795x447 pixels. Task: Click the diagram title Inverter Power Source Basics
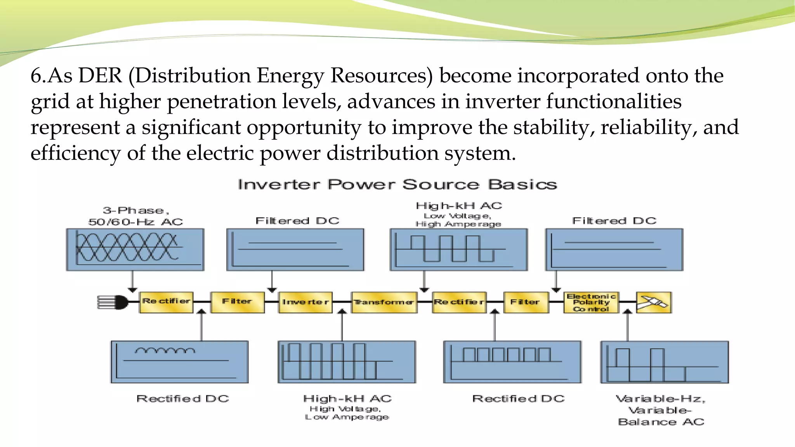[397, 184]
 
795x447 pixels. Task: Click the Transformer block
[384, 302]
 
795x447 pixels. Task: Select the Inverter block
[306, 302]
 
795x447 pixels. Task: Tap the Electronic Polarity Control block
[591, 302]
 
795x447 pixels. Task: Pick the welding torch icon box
[654, 302]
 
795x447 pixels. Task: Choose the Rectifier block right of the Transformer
[459, 302]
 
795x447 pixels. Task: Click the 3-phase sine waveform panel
[135, 249]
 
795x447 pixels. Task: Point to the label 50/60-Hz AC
[135, 222]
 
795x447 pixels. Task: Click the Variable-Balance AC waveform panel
[664, 362]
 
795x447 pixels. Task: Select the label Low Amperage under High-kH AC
[347, 417]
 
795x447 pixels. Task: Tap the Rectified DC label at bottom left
[182, 398]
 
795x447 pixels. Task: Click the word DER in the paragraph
[100, 75]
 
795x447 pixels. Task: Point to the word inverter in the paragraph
[502, 102]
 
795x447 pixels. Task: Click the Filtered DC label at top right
[614, 221]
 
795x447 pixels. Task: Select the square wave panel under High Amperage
[458, 249]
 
